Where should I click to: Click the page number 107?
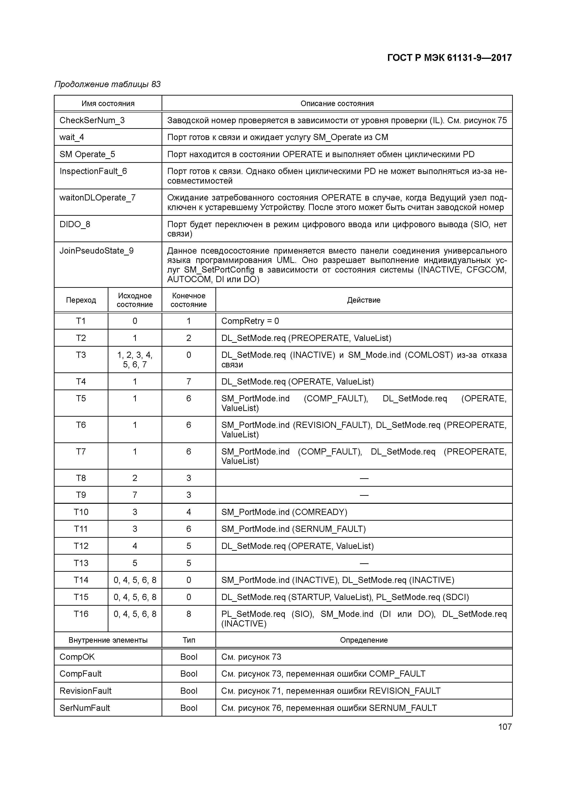(505, 727)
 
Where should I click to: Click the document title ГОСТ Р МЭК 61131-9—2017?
(449, 58)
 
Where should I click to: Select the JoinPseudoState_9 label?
(97, 251)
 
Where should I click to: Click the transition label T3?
(81, 355)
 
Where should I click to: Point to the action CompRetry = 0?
(250, 321)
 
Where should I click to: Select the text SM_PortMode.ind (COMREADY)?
(284, 512)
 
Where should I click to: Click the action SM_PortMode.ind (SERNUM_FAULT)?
(293, 529)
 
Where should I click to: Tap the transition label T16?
(81, 614)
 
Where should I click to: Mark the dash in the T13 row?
(364, 563)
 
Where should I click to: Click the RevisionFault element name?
(85, 691)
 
